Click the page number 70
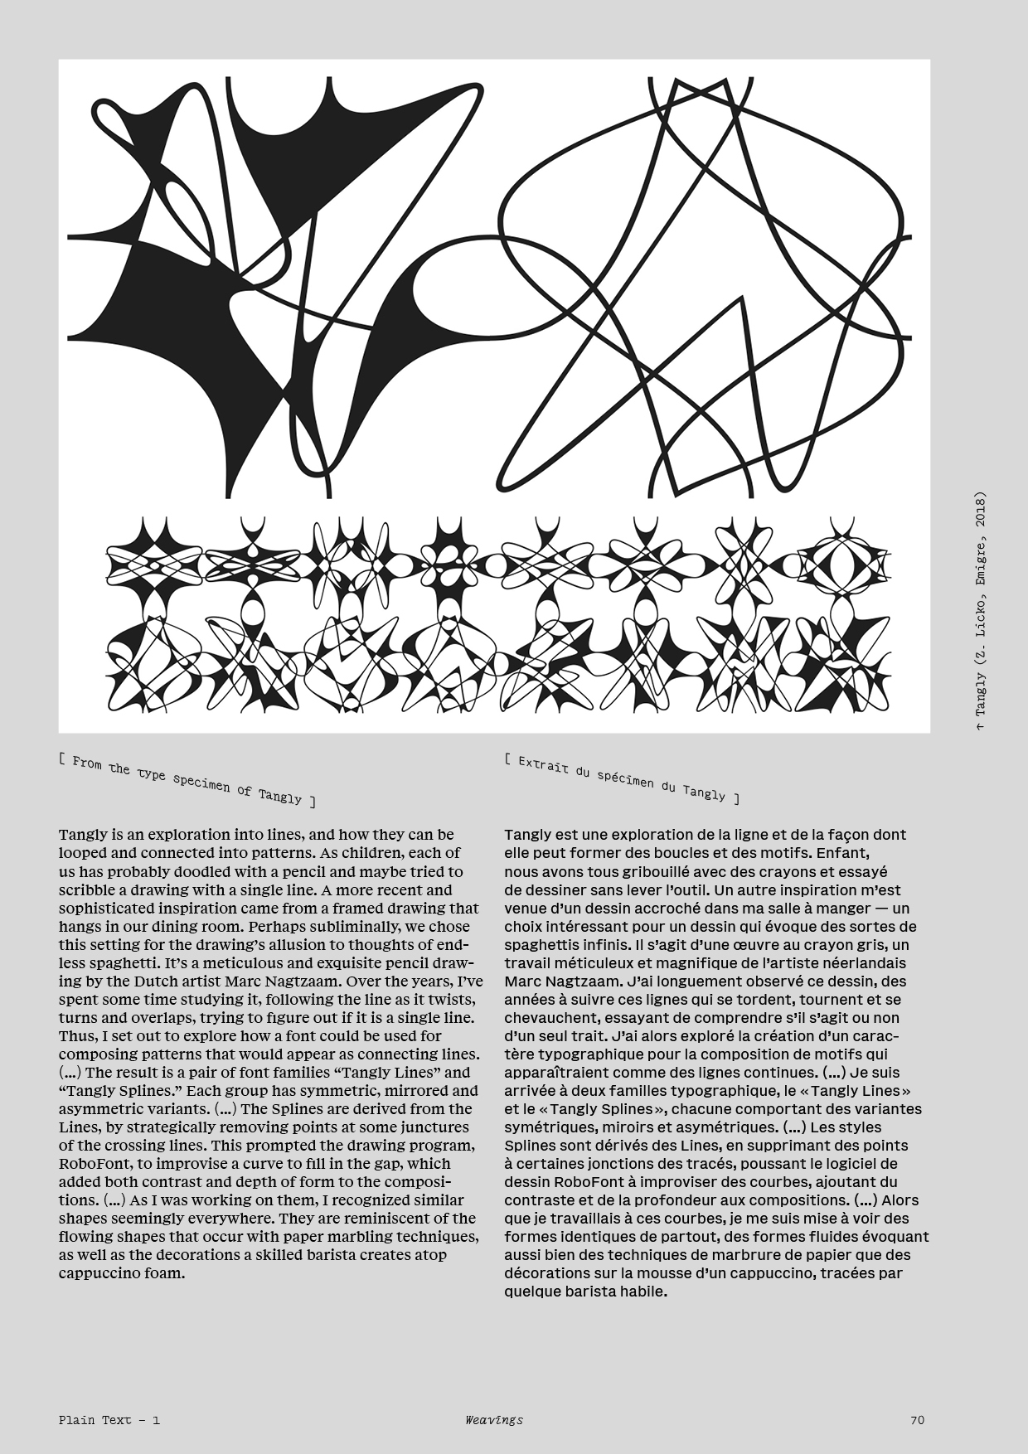click(917, 1419)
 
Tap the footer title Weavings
click(494, 1419)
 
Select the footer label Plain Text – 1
click(109, 1419)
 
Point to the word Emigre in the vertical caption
click(981, 569)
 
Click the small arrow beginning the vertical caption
click(981, 727)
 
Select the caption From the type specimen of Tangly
click(187, 779)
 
